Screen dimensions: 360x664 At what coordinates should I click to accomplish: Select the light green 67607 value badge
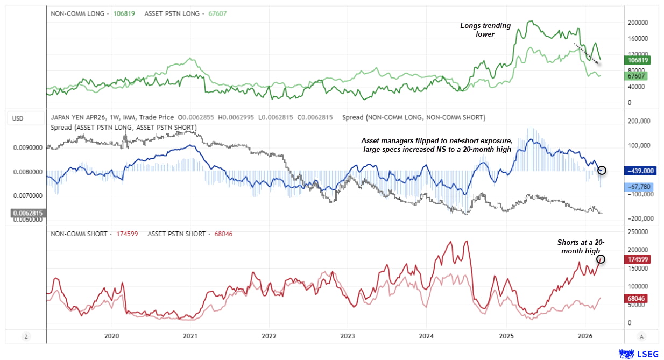pos(635,76)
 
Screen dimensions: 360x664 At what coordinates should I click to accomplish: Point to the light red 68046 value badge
pos(635,298)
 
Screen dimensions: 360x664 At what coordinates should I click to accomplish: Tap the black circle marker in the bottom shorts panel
pos(601,259)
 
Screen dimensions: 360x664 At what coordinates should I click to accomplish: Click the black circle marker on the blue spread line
pos(602,170)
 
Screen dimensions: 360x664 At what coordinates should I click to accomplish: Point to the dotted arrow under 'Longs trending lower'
pos(587,54)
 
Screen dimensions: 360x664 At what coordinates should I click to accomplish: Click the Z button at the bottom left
pos(25,337)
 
